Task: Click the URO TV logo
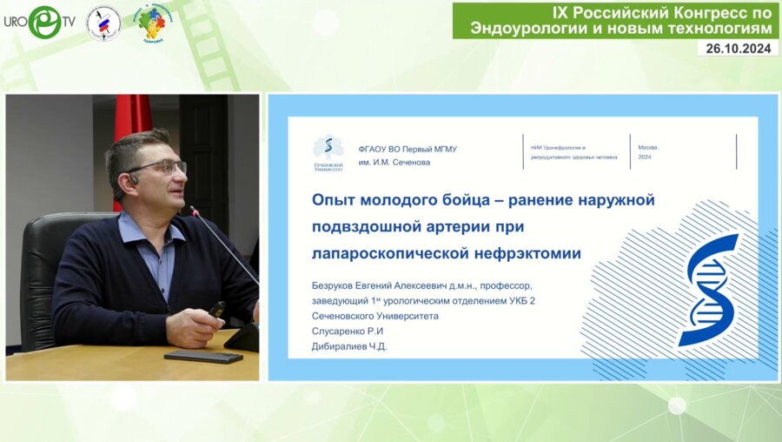point(39,22)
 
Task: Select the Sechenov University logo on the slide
point(328,151)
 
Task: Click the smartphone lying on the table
point(203,356)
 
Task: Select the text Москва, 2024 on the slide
point(649,152)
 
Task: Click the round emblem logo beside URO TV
point(103,23)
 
